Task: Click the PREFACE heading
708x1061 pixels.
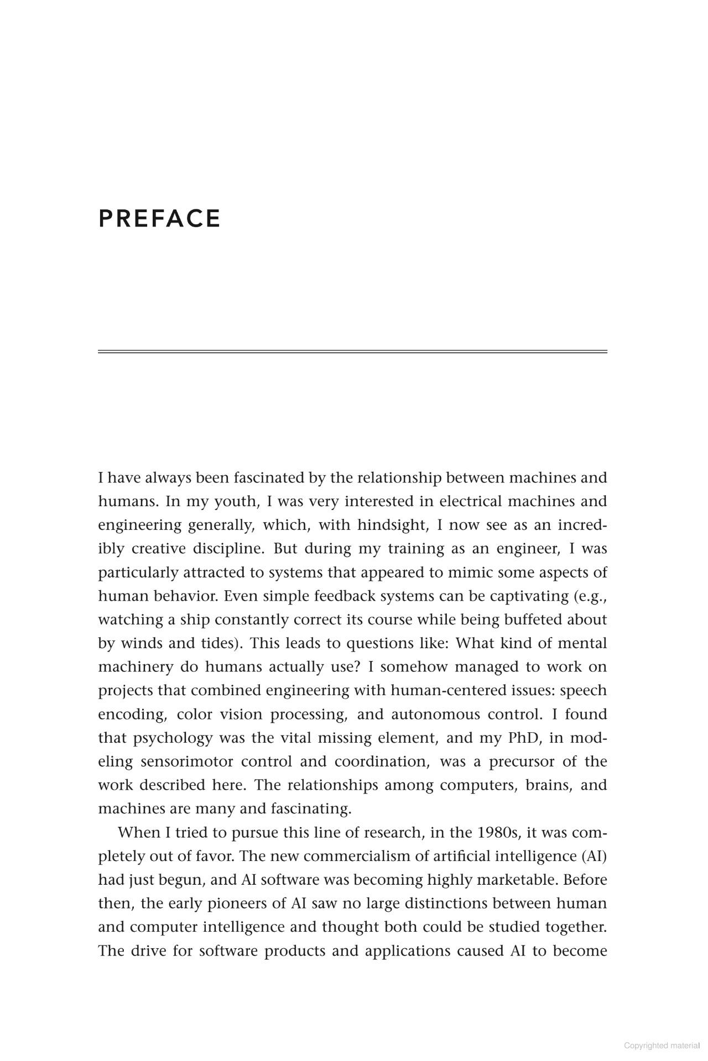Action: click(159, 218)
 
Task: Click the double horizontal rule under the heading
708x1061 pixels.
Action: click(352, 351)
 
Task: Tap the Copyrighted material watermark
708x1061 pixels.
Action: click(662, 1045)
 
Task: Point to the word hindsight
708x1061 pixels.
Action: click(392, 525)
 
